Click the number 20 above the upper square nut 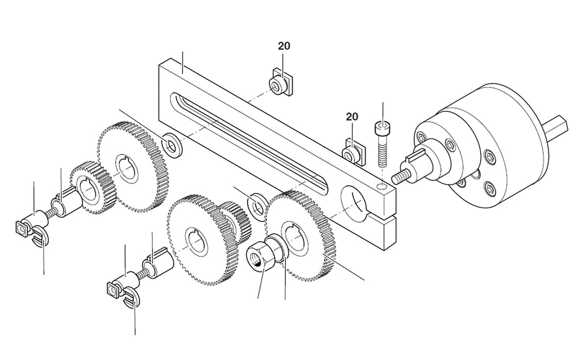(284, 46)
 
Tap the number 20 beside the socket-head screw (352, 117)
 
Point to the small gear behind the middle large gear (235, 223)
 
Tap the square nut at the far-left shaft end (22, 229)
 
